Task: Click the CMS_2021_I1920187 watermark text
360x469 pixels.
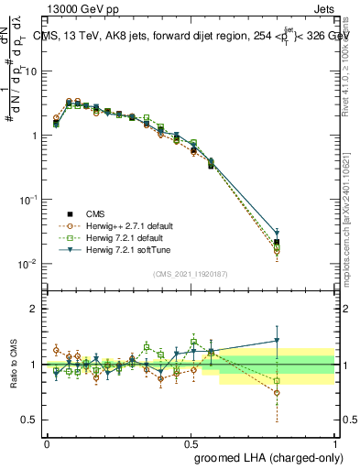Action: pyautogui.click(x=191, y=272)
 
